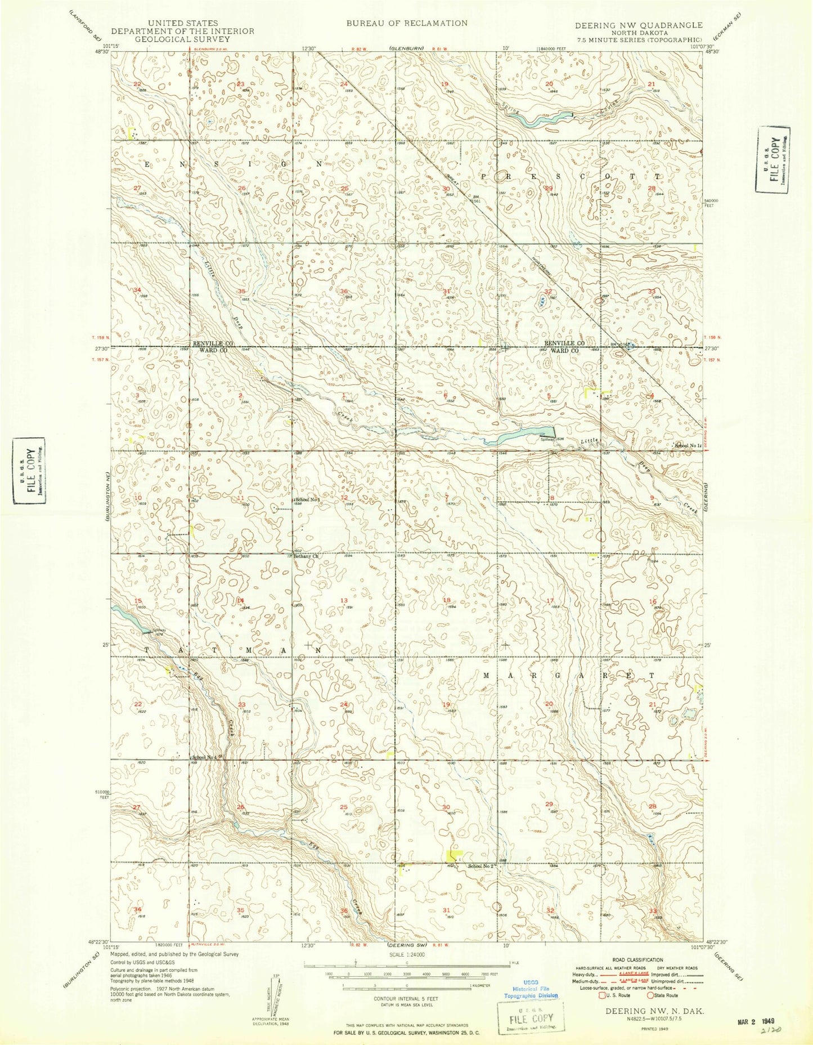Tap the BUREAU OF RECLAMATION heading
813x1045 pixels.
(406, 23)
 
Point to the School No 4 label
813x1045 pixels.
(208, 757)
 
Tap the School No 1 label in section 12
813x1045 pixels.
(308, 500)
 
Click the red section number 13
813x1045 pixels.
(344, 600)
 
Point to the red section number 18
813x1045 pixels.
(448, 600)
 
